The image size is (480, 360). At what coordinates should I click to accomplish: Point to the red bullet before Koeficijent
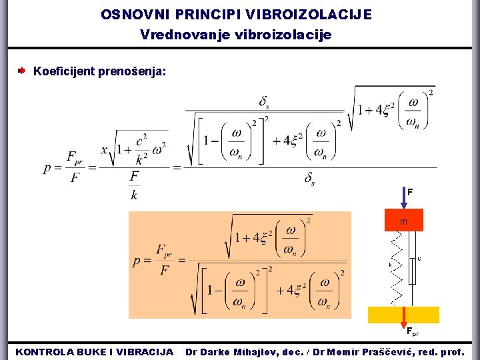[22, 69]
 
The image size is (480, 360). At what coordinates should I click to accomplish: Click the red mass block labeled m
[403, 221]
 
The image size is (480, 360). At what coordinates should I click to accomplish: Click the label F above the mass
[410, 192]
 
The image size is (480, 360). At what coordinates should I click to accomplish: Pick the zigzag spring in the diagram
[396, 267]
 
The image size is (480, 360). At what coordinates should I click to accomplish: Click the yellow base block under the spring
[403, 315]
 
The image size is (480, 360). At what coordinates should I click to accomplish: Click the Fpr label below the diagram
[413, 332]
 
